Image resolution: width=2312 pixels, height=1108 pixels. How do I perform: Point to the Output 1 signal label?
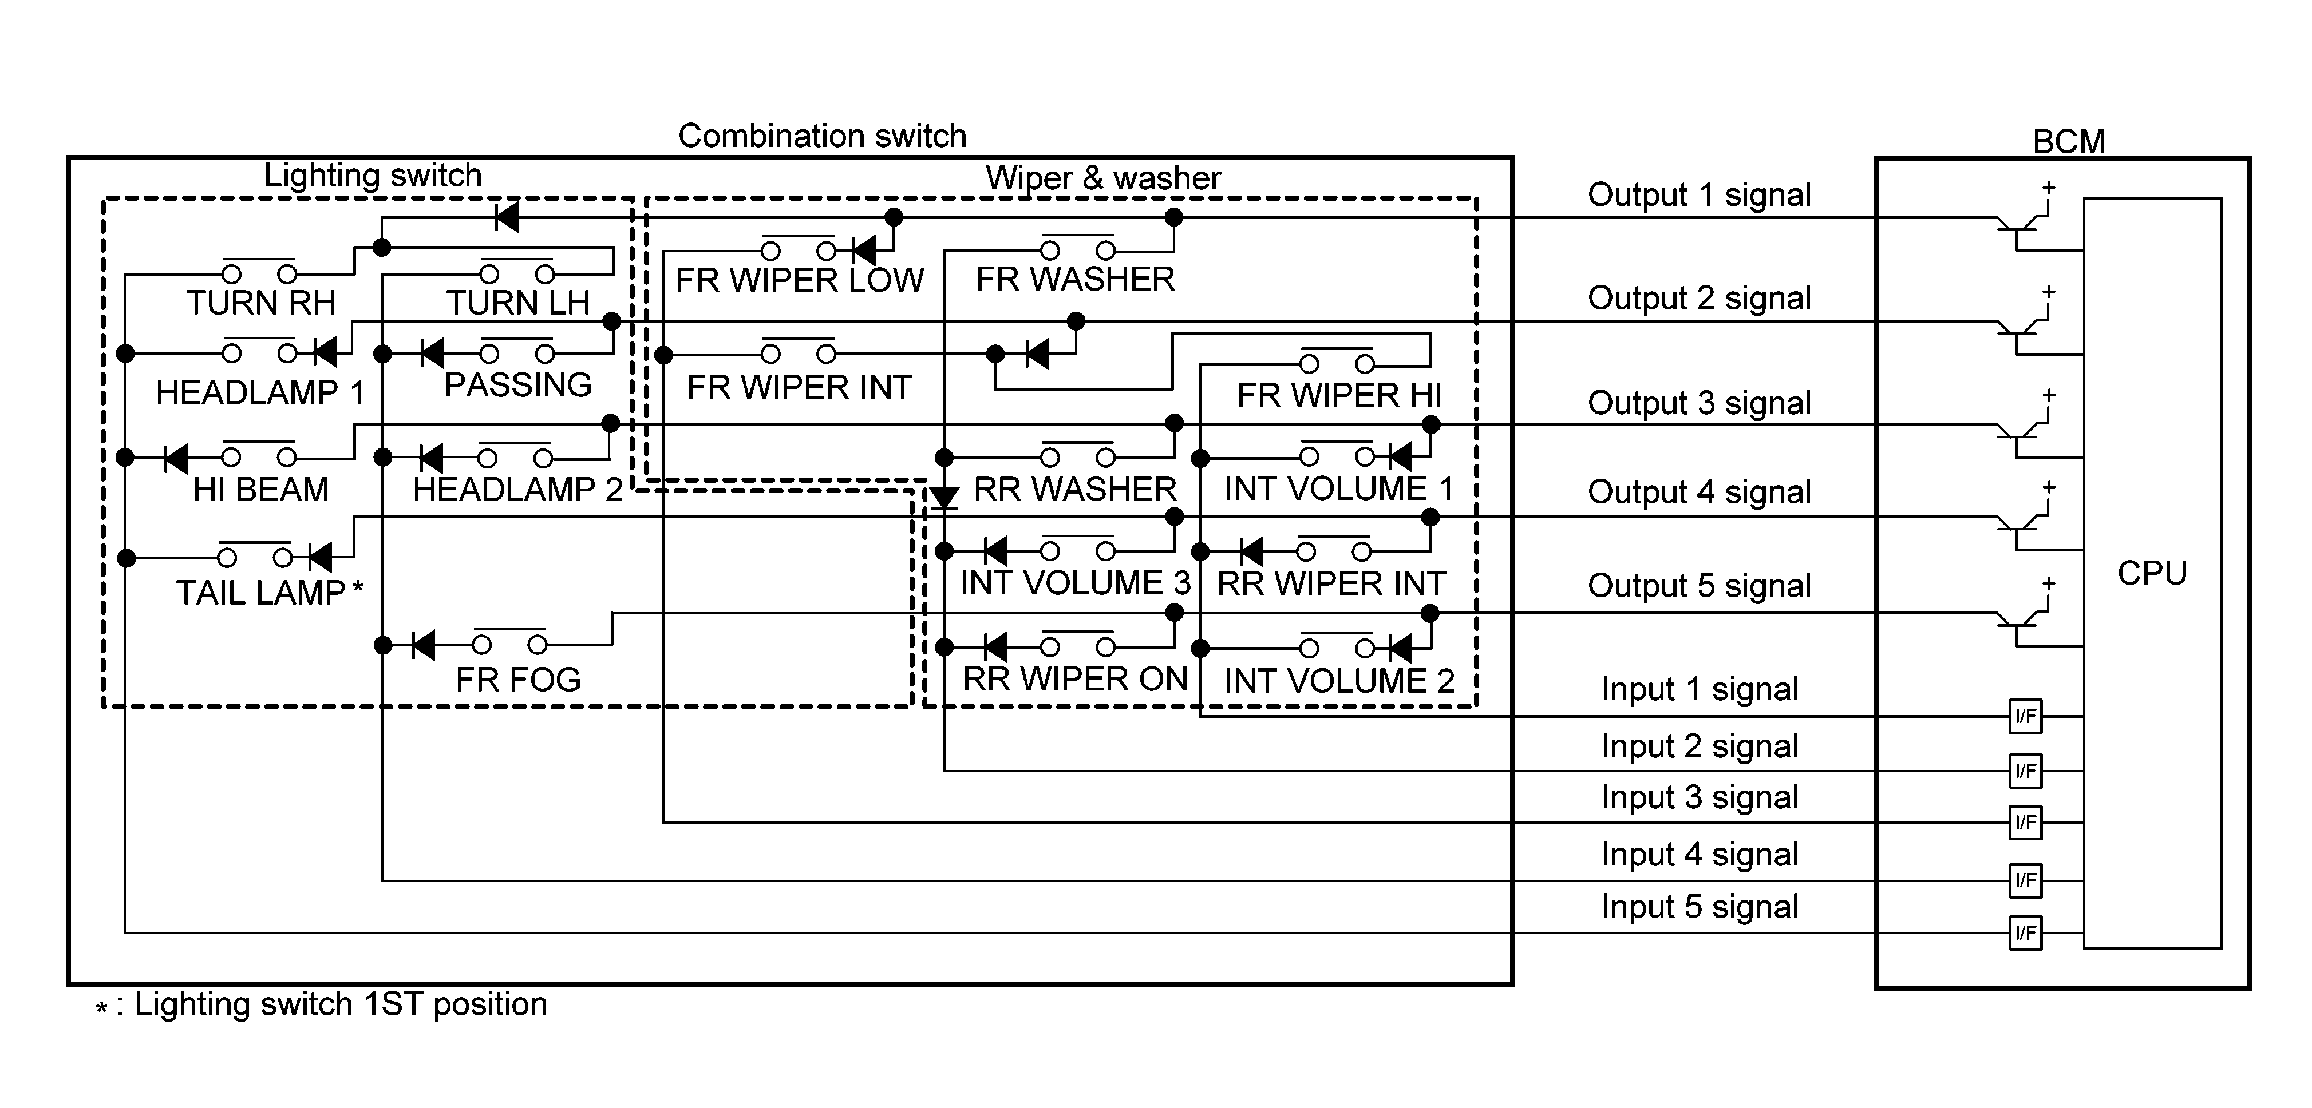pyautogui.click(x=1699, y=194)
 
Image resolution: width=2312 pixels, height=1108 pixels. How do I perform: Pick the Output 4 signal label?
pyautogui.click(x=1699, y=491)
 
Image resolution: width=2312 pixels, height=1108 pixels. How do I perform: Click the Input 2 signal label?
pyautogui.click(x=1699, y=745)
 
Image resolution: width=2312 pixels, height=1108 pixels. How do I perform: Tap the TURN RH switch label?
pyautogui.click(x=260, y=303)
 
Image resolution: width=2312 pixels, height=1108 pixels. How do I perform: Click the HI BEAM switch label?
pyautogui.click(x=260, y=489)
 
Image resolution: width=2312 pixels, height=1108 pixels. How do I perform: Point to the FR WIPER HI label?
pyautogui.click(x=1338, y=395)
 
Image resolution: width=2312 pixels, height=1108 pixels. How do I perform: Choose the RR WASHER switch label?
pyautogui.click(x=1074, y=489)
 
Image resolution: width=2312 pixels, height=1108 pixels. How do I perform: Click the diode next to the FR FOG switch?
pyautogui.click(x=424, y=644)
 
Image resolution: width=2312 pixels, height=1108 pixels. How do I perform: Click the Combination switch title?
pyautogui.click(x=821, y=136)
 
